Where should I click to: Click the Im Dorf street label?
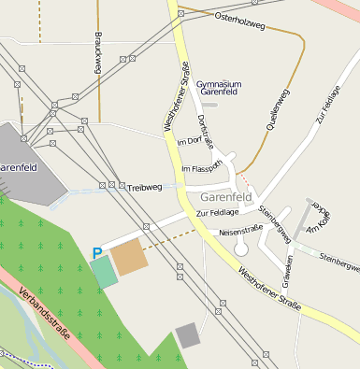(189, 141)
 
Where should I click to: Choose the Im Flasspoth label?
(201, 168)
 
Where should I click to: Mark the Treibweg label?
(145, 188)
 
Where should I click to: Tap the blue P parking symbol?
(97, 253)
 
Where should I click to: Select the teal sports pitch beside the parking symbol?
(104, 272)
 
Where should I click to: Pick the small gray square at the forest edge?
(188, 335)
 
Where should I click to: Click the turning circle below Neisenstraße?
(241, 248)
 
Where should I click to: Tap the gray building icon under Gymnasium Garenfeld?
(210, 104)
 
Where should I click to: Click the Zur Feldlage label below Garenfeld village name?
(216, 214)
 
